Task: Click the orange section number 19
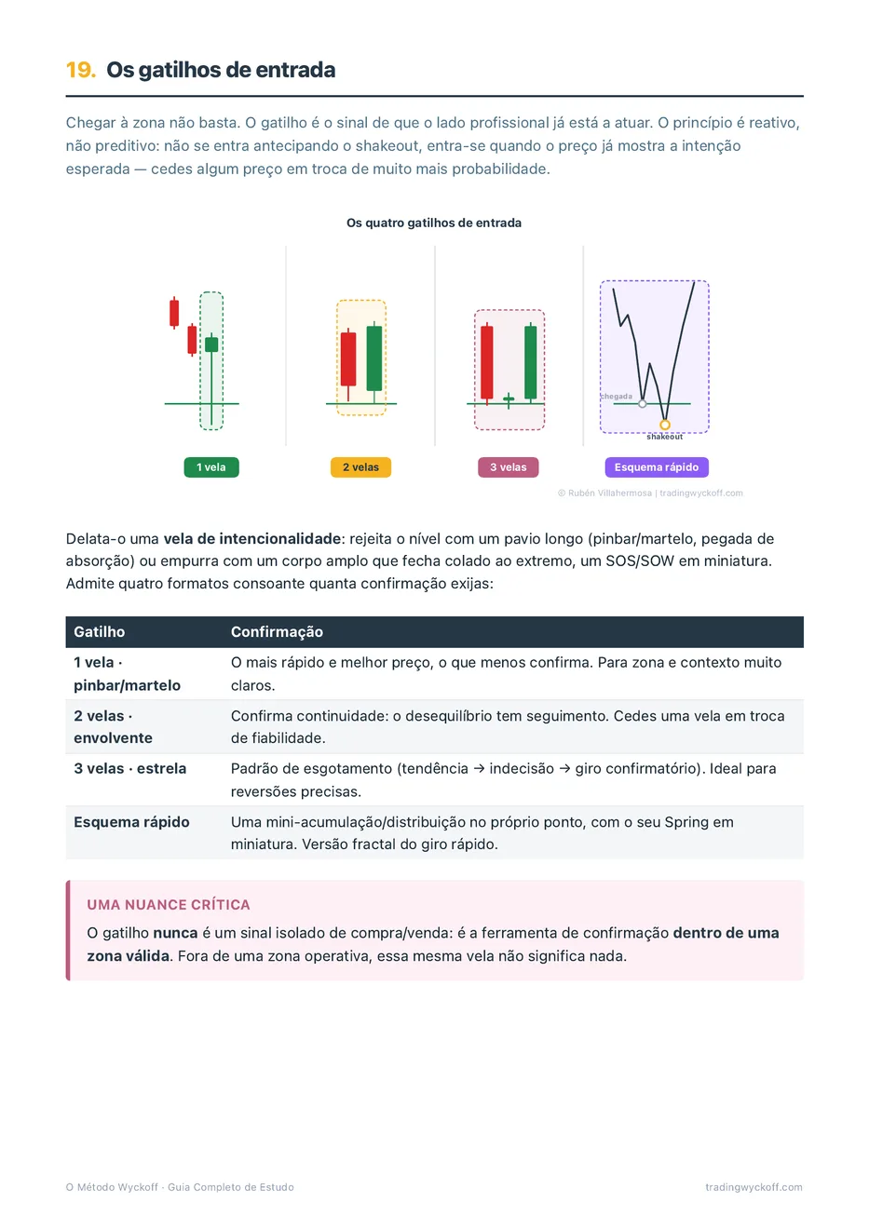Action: pyautogui.click(x=81, y=70)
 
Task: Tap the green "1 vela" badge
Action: pyautogui.click(x=211, y=466)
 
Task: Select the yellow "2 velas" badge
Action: pyautogui.click(x=360, y=466)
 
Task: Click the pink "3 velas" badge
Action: pyautogui.click(x=509, y=466)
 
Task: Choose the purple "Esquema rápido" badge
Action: pyautogui.click(x=657, y=466)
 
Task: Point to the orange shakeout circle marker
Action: pyautogui.click(x=665, y=425)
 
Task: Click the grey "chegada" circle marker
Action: pyautogui.click(x=643, y=404)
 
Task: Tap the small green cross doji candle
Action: pyautogui.click(x=509, y=400)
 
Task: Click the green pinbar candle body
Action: pyautogui.click(x=211, y=344)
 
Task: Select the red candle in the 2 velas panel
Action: pyautogui.click(x=348, y=360)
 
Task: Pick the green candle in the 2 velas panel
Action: pyautogui.click(x=374, y=358)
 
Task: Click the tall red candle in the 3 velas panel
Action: pyautogui.click(x=487, y=362)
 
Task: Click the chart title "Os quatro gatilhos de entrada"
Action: pyautogui.click(x=434, y=223)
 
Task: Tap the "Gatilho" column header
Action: pyautogui.click(x=100, y=632)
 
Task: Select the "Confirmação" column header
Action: pyautogui.click(x=277, y=632)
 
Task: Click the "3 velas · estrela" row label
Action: pyautogui.click(x=130, y=769)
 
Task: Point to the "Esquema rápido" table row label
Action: pyautogui.click(x=131, y=822)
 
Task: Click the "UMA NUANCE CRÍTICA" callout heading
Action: pyautogui.click(x=169, y=905)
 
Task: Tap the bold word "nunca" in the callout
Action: pyautogui.click(x=175, y=933)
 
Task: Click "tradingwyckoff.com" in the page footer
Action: pyautogui.click(x=754, y=1187)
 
